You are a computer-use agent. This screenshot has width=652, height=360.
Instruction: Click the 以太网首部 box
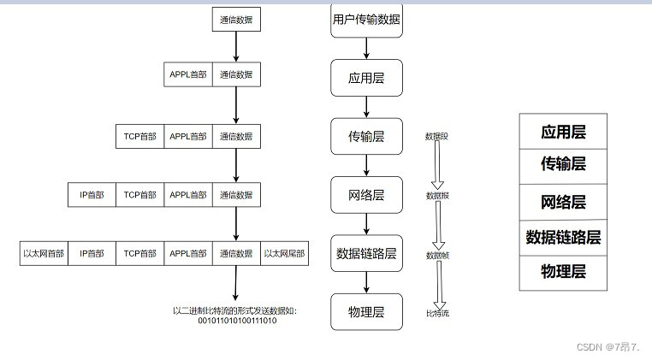(44, 254)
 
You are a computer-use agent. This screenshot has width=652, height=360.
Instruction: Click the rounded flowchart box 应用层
(366, 78)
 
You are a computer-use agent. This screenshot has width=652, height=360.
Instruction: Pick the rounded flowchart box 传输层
(366, 136)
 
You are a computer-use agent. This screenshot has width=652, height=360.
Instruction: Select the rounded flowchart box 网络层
(366, 195)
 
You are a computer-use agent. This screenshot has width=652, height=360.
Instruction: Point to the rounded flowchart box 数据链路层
(366, 253)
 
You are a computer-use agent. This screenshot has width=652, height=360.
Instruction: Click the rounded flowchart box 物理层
(366, 310)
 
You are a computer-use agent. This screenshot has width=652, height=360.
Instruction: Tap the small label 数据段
(437, 136)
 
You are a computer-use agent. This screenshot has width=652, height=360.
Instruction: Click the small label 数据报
(438, 196)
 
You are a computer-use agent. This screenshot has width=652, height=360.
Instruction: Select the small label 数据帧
(438, 256)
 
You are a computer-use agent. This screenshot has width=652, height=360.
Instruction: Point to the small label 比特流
(438, 314)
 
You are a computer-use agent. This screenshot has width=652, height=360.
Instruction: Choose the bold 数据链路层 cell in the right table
(563, 237)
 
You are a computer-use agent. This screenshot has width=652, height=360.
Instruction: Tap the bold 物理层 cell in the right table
(563, 272)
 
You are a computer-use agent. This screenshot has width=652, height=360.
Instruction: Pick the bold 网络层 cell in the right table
(563, 202)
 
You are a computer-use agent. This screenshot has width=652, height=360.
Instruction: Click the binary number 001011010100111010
(237, 321)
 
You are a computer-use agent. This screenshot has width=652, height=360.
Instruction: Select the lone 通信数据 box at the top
(235, 20)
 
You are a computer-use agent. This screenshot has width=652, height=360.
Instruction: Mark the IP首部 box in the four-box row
(92, 195)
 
